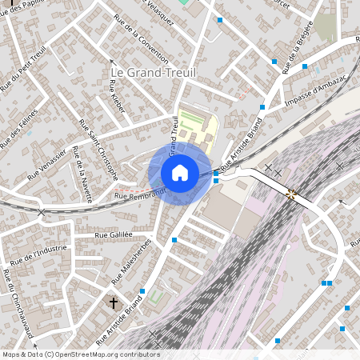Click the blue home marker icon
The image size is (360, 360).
180,172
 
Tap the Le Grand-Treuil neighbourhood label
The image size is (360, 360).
152,73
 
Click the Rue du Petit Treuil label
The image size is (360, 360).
24,68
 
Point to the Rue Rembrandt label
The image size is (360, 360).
140,194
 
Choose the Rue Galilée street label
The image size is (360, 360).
113,235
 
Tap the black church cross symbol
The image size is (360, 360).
114,303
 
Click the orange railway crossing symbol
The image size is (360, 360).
290,194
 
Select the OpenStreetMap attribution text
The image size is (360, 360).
80,354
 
